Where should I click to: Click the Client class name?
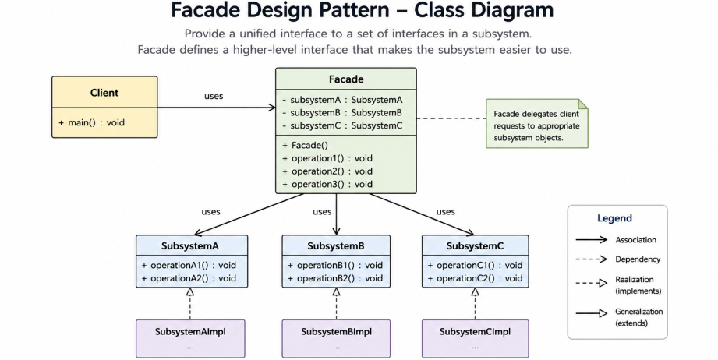tap(104, 93)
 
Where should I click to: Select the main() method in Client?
tap(91, 122)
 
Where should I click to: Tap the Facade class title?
tap(346, 79)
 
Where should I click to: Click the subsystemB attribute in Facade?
tap(342, 112)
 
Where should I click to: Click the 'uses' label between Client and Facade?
tap(214, 96)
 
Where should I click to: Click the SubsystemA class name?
tap(190, 245)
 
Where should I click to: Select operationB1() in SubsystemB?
tap(335, 265)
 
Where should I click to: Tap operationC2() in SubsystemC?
tap(475, 278)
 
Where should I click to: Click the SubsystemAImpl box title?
tap(190, 332)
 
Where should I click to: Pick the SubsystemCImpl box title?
tap(475, 332)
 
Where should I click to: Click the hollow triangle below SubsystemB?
tap(336, 291)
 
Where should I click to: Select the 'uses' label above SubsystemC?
tap(446, 211)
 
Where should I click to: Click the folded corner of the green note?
tap(583, 104)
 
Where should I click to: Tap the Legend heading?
tap(614, 218)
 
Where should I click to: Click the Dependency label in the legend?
tap(638, 259)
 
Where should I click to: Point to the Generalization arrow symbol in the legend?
tap(592, 313)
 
